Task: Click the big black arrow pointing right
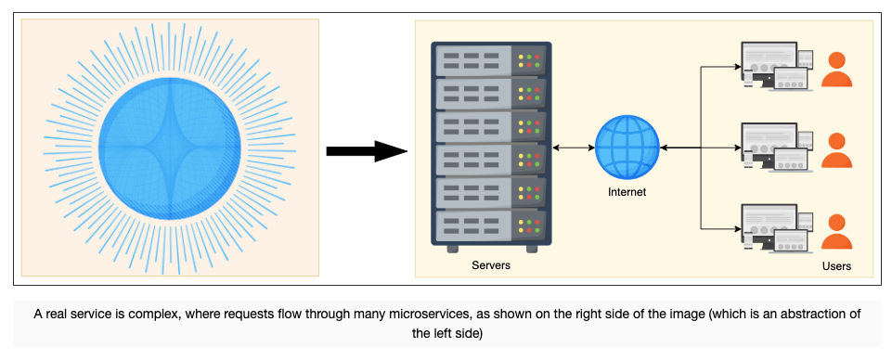click(x=367, y=151)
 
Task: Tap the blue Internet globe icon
click(x=627, y=148)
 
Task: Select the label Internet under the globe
click(x=627, y=192)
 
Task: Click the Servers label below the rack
click(x=491, y=265)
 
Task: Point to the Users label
click(x=836, y=266)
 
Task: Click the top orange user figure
click(x=836, y=70)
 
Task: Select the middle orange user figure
click(x=836, y=150)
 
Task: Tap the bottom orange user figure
click(x=836, y=232)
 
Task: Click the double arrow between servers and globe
click(x=574, y=148)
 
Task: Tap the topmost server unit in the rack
click(x=491, y=59)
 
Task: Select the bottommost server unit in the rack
click(x=491, y=227)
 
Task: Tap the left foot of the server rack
click(x=452, y=249)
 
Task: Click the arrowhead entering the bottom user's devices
click(x=738, y=228)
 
